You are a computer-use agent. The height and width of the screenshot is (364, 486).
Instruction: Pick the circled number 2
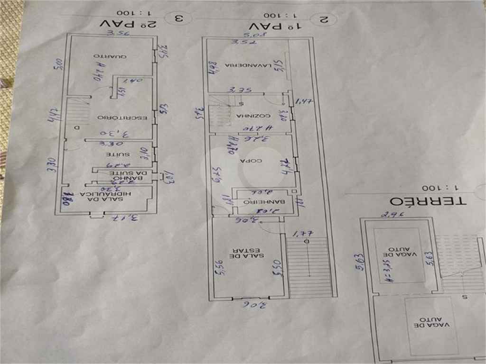point(325,19)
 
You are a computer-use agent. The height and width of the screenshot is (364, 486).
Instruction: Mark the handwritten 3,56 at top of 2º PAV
point(117,33)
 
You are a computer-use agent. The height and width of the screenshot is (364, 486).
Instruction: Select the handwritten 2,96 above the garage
point(392,215)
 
